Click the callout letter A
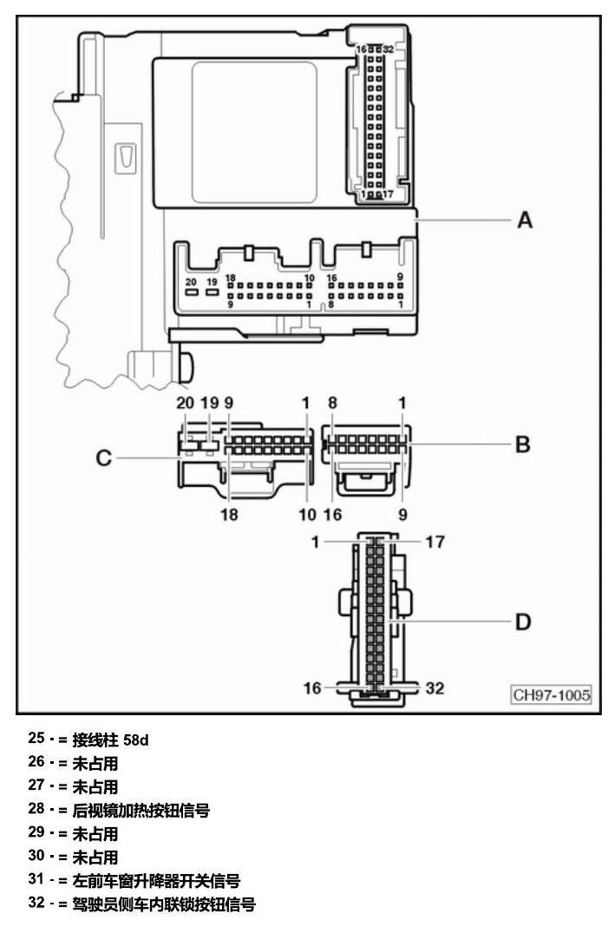tap(525, 220)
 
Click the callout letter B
tap(523, 444)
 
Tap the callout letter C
tap(103, 457)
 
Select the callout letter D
tap(523, 621)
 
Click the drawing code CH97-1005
tap(552, 694)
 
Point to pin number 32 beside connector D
tap(435, 687)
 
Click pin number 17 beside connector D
tap(435, 542)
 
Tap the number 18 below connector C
tap(229, 515)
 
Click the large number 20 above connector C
tap(185, 403)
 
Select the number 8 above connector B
tap(333, 403)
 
